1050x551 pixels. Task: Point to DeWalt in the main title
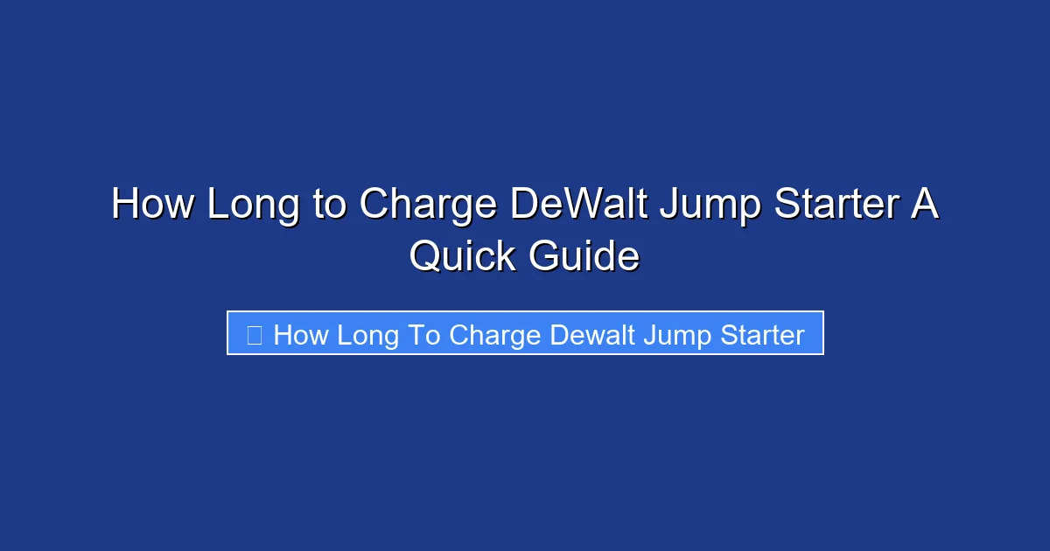click(x=578, y=206)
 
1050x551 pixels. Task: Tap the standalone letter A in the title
click(x=924, y=206)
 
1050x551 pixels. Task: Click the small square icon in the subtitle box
click(x=255, y=335)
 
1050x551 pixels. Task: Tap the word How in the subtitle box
click(x=300, y=335)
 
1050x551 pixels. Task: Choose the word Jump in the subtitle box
click(x=675, y=336)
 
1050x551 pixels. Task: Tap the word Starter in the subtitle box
click(x=759, y=335)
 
